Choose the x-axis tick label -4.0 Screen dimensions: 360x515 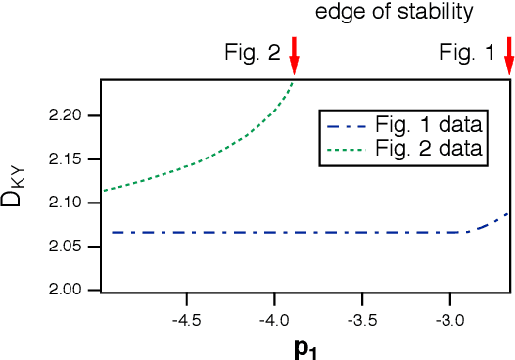[274, 319]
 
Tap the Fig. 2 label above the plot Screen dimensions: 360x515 [252, 54]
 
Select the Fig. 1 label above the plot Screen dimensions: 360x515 [467, 54]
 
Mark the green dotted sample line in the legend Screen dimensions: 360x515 [348, 150]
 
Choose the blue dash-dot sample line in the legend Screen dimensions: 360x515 [348, 127]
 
